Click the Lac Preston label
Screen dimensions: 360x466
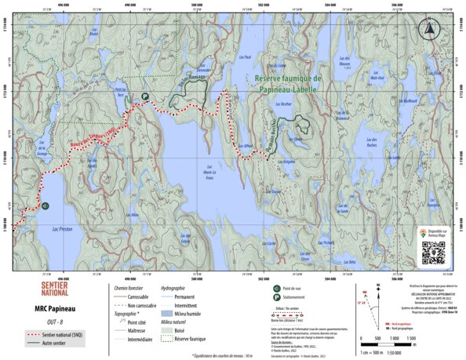click(x=60, y=229)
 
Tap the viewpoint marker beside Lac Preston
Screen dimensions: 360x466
click(x=46, y=206)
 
